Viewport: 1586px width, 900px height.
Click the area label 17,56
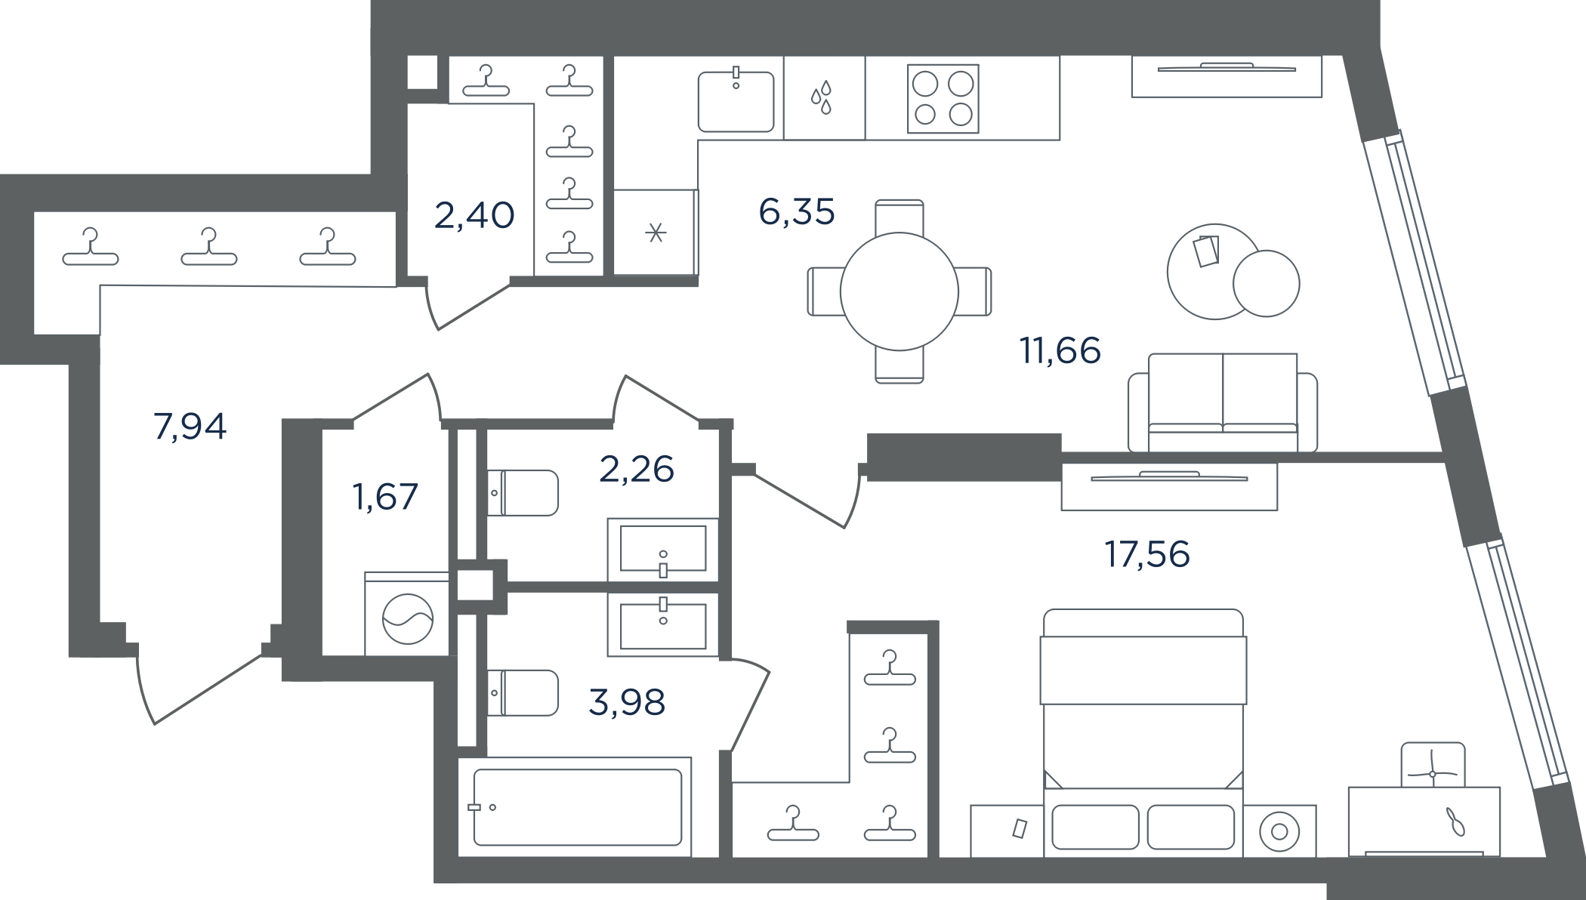click(x=1147, y=554)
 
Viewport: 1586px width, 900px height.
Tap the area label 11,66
click(x=1060, y=350)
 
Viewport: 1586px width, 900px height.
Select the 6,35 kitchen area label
click(x=797, y=211)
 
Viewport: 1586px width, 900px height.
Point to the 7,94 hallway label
click(x=190, y=427)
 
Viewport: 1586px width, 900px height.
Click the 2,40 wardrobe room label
click(x=474, y=215)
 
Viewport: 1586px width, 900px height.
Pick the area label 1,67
click(x=385, y=497)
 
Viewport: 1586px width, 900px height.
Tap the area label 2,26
click(x=637, y=469)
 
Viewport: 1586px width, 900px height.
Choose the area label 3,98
click(x=627, y=702)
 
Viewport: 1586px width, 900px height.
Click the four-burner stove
click(x=943, y=99)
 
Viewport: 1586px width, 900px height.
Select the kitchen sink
click(x=736, y=101)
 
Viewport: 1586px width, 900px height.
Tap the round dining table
click(x=899, y=291)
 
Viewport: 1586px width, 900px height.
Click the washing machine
click(x=407, y=614)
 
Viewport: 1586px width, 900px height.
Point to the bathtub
click(x=575, y=807)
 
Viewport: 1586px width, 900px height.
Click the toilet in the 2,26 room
click(x=523, y=493)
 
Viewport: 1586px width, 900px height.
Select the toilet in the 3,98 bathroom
click(x=523, y=692)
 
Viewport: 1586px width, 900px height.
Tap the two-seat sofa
click(x=1223, y=403)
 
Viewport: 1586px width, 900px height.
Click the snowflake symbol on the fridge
click(x=656, y=233)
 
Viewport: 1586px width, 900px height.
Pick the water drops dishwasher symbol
click(x=822, y=97)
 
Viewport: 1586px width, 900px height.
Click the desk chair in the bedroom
click(x=1433, y=765)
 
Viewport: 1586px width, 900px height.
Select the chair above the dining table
click(x=899, y=217)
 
